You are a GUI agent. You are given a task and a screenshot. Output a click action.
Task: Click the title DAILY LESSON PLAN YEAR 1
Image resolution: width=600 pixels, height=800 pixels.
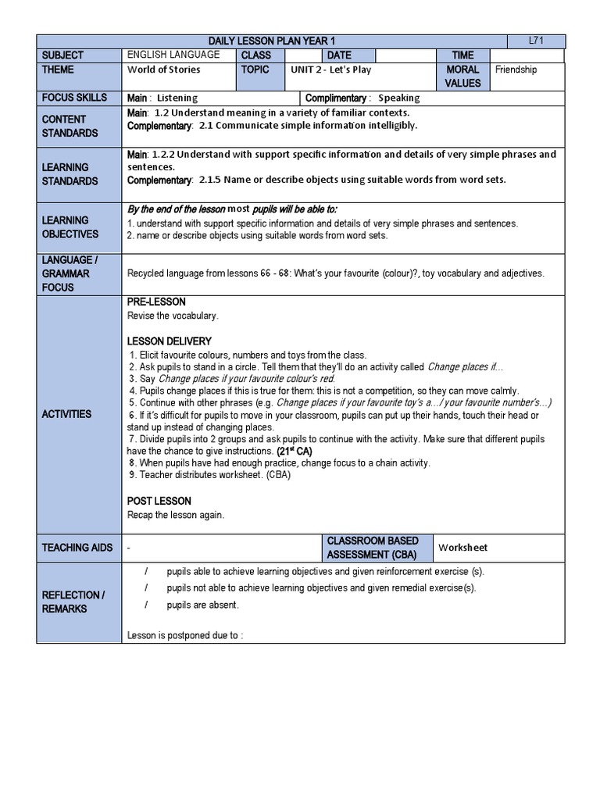[x=284, y=41]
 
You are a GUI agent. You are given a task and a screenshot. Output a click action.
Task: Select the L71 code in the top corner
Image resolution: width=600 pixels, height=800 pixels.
[x=536, y=41]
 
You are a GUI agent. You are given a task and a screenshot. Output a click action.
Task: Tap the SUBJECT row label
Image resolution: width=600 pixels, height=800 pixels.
[x=64, y=55]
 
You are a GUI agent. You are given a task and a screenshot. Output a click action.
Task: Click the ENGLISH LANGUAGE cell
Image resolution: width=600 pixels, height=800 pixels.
[x=173, y=55]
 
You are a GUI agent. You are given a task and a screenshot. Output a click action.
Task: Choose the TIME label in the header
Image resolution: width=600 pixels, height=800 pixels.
[x=462, y=55]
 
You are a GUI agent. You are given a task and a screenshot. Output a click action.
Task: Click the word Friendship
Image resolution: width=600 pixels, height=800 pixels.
[x=516, y=70]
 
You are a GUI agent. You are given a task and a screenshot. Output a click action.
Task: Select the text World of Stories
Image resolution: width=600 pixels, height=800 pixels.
[x=163, y=70]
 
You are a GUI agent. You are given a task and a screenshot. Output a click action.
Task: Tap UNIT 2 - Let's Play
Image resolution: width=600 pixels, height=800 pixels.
[x=330, y=70]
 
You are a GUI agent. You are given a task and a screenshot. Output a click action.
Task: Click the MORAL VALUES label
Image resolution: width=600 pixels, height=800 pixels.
[x=462, y=76]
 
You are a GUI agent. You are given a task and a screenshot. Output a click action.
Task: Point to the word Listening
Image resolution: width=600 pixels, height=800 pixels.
[x=177, y=98]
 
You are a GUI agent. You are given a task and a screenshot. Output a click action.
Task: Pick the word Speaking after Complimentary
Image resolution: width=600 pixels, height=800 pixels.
[x=398, y=98]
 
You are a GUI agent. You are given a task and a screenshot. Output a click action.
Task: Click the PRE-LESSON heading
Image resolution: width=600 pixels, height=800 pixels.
[x=156, y=302]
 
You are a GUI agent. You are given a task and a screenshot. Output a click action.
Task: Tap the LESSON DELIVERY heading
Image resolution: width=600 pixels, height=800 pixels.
[x=169, y=341]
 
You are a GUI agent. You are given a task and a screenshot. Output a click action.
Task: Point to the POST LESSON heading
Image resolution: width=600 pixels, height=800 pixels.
[x=159, y=501]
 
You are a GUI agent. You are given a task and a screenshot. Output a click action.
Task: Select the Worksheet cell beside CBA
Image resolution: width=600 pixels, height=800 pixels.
[x=463, y=548]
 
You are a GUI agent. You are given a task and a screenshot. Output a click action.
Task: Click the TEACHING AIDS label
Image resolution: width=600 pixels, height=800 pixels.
[x=77, y=548]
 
